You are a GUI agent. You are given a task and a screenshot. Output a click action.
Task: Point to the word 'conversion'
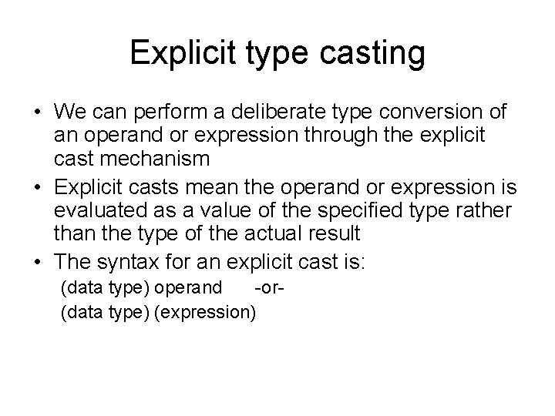[x=437, y=112]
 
